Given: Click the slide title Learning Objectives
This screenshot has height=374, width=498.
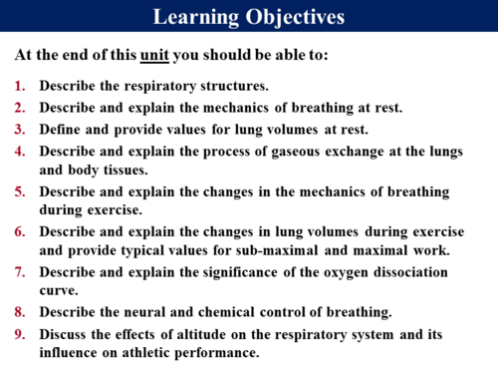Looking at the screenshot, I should tap(249, 18).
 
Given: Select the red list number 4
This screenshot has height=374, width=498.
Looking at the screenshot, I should tap(21, 151).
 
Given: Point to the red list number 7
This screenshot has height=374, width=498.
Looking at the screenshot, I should tap(21, 271).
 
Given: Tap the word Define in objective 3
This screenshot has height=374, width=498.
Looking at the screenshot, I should tap(63, 129).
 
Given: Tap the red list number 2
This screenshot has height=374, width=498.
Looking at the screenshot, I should tap(21, 108).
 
